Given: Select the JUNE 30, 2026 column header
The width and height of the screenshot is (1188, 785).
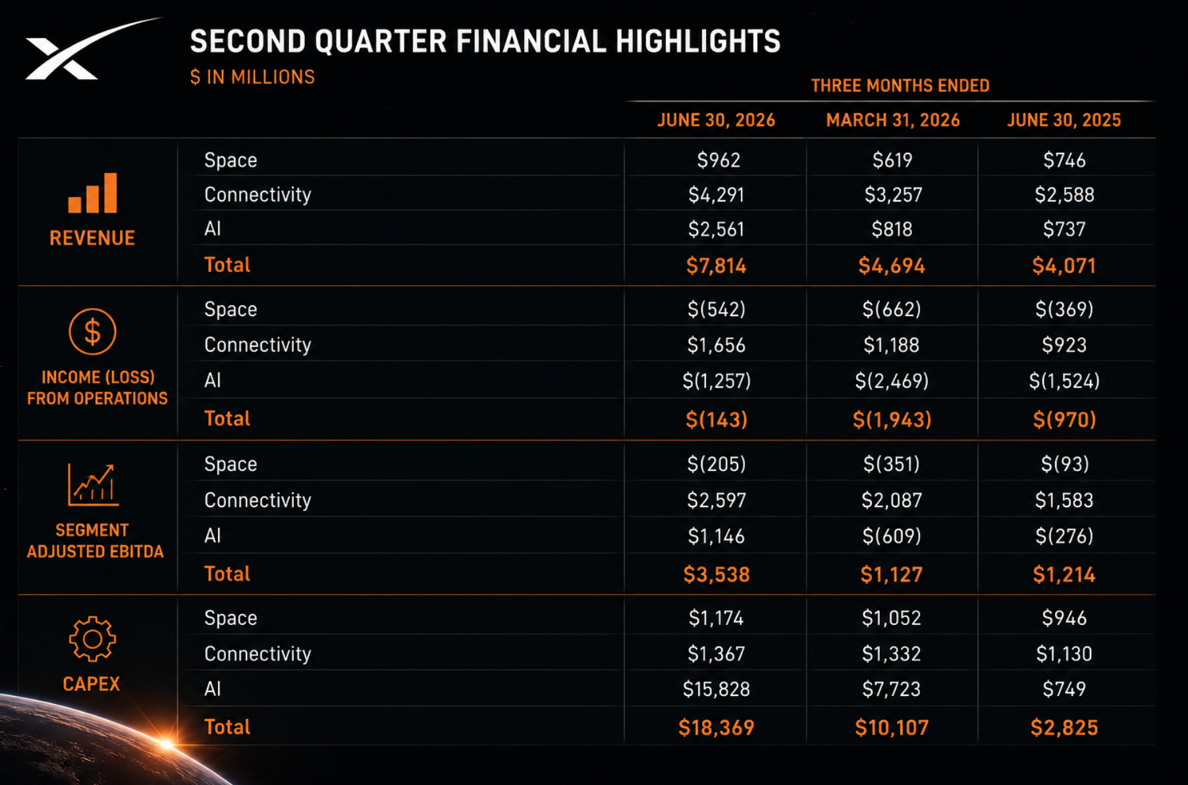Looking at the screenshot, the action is pos(716,121).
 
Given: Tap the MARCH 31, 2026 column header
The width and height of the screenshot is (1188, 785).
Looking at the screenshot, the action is pos(893,121).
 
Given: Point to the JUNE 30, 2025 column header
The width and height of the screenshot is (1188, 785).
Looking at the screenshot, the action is pos(1064,121).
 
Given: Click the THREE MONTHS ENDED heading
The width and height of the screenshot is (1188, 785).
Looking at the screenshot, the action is pos(900,86).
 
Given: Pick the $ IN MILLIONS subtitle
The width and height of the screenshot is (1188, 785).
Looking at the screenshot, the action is pos(252,77).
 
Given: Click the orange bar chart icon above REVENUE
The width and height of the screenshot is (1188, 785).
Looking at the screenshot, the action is pos(92,193).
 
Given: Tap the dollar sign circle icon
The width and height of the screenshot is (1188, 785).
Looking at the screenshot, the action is pos(92,331).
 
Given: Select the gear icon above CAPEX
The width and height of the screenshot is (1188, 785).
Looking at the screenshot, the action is pos(92,639).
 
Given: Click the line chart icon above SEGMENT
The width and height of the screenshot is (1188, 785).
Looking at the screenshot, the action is pos(93,485).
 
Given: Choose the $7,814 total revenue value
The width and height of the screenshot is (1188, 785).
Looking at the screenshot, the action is pos(716,265).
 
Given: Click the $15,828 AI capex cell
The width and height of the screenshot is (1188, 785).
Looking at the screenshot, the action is pos(716,690).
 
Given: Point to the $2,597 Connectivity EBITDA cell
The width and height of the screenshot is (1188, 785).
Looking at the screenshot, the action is pos(716,501).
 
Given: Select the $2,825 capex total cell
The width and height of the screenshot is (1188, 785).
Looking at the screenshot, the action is pos(1064,728).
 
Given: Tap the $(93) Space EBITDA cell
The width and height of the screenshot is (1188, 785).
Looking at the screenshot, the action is pos(1065,464).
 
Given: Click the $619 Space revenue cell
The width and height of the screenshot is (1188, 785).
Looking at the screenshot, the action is pos(892,160).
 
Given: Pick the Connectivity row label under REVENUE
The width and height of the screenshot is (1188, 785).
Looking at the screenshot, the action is pos(257,195).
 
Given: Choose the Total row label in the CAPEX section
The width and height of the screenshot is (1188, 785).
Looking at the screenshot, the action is pos(227,727).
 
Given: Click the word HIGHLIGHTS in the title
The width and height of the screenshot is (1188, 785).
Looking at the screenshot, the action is pos(698,41).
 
